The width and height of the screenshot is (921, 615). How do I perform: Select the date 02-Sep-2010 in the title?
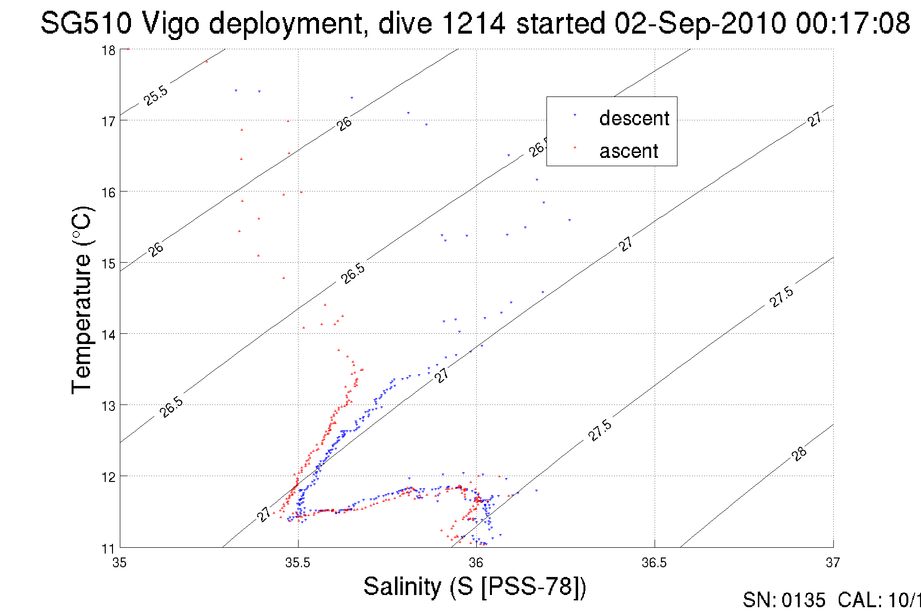click(700, 23)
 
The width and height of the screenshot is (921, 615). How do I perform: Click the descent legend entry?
click(634, 118)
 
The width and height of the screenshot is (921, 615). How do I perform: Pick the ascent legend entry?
click(628, 151)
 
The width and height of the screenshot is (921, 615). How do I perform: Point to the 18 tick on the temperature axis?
click(108, 51)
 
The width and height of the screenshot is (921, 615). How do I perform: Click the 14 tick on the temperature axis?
click(108, 335)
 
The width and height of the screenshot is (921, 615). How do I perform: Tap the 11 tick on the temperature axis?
click(108, 549)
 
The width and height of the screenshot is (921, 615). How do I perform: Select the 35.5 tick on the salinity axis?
click(298, 563)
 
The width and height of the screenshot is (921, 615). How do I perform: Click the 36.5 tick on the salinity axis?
click(654, 563)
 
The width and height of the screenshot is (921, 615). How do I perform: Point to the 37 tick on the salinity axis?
click(832, 563)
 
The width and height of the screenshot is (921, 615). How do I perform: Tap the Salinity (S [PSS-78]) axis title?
click(475, 586)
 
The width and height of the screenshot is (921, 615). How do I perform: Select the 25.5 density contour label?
click(156, 96)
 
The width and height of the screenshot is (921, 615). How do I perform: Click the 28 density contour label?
click(799, 454)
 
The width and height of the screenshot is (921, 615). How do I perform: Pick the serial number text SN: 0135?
click(784, 600)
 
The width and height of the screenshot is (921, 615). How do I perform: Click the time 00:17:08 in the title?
click(853, 23)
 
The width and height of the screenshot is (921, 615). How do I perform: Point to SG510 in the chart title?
click(86, 23)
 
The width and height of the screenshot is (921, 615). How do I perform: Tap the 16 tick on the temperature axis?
click(108, 192)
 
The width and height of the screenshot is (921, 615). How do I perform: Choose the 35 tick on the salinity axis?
click(120, 563)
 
